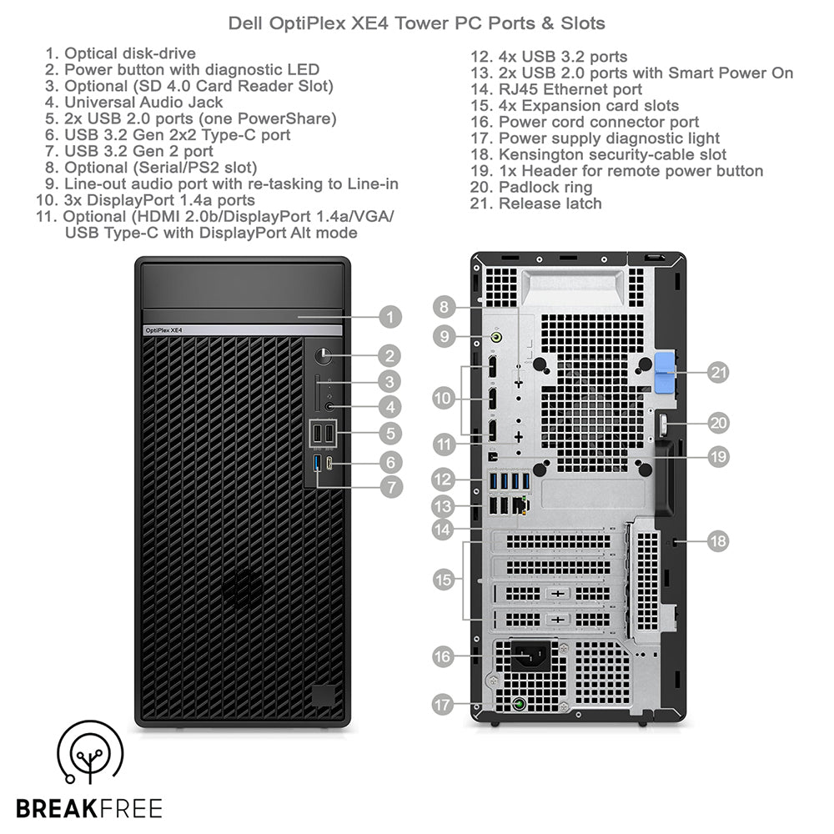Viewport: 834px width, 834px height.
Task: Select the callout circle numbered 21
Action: pyautogui.click(x=718, y=373)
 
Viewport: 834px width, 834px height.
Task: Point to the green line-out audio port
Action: pyautogui.click(x=497, y=337)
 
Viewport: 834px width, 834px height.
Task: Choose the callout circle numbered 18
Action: pyautogui.click(x=718, y=541)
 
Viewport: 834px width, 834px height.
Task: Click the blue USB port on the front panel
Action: pyautogui.click(x=317, y=463)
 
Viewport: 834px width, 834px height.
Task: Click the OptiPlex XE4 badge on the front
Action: pyautogui.click(x=163, y=330)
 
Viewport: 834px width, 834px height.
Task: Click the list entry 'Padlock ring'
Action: pyautogui.click(x=545, y=187)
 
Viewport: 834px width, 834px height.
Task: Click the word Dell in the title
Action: pyautogui.click(x=247, y=23)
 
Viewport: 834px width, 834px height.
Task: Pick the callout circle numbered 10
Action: pyautogui.click(x=444, y=399)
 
